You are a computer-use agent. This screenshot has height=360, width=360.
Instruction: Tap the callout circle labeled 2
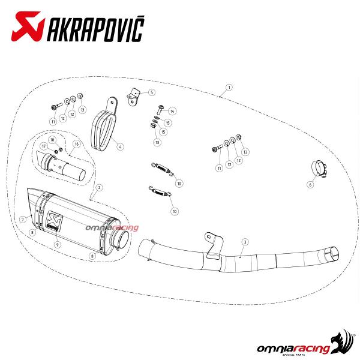[99, 188]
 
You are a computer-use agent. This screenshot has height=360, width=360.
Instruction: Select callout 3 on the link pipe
[245, 241]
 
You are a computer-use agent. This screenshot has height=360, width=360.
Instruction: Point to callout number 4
[120, 146]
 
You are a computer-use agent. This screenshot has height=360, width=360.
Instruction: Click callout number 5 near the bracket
[152, 92]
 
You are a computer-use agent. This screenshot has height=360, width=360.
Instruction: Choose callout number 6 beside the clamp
[310, 185]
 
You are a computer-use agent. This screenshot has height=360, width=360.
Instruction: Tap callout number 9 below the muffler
[57, 245]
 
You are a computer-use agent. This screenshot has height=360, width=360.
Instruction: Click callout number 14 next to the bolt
[172, 112]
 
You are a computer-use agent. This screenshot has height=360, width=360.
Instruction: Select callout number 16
[76, 144]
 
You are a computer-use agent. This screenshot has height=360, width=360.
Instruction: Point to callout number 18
[52, 139]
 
